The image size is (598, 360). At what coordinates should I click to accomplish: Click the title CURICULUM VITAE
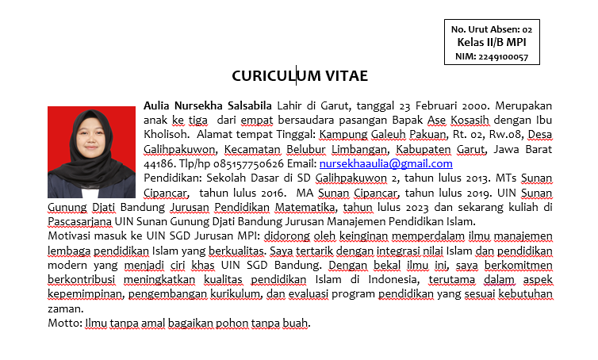point(299,76)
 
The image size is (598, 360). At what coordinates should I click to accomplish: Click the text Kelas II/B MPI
point(492,43)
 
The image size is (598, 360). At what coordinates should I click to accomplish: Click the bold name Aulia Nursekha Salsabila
point(208,105)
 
